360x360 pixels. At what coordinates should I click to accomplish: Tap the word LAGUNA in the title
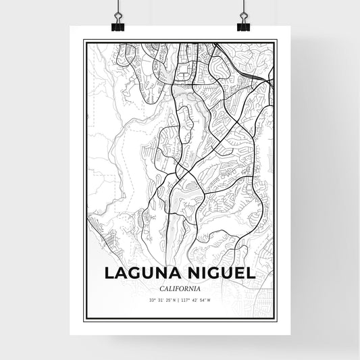[142, 274]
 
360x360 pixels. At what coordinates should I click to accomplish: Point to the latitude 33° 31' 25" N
[162, 300]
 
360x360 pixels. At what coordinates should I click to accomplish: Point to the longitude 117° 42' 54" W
[199, 300]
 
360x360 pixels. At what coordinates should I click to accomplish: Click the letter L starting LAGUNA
[110, 274]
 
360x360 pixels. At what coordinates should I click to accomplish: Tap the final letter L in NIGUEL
[251, 274]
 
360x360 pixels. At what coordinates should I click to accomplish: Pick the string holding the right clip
[242, 7]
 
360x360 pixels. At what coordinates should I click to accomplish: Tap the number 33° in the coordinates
[153, 300]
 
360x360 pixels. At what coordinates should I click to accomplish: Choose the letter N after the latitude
[174, 300]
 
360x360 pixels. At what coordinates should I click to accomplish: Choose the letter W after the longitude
[209, 300]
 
